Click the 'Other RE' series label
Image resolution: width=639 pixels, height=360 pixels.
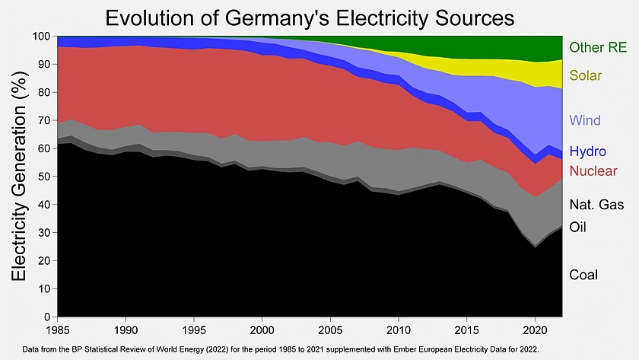pyautogui.click(x=598, y=48)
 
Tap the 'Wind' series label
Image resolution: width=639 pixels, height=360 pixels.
pyautogui.click(x=585, y=120)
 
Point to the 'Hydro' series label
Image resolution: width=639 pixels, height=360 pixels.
pyautogui.click(x=587, y=151)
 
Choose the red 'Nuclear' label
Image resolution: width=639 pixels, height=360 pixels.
pyautogui.click(x=593, y=170)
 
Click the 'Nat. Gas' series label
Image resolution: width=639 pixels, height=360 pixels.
pyautogui.click(x=596, y=204)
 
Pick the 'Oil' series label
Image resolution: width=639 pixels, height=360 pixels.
pyautogui.click(x=579, y=227)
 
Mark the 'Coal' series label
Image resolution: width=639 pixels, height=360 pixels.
pyautogui.click(x=583, y=275)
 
